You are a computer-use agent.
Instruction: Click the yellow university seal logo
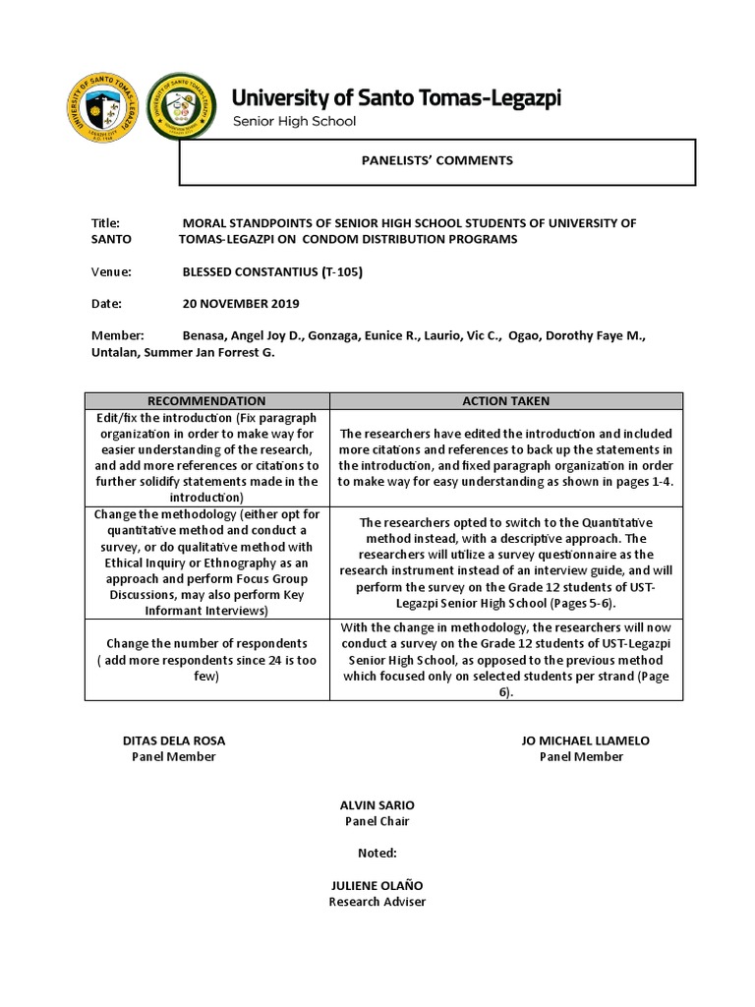click(103, 108)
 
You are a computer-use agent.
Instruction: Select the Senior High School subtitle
click(294, 122)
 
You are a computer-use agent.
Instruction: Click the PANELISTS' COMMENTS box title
click(436, 160)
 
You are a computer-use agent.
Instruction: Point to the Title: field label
click(105, 223)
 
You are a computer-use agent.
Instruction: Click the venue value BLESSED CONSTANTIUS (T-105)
click(272, 271)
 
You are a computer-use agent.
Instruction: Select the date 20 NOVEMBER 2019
click(241, 304)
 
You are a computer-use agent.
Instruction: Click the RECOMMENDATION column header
click(206, 401)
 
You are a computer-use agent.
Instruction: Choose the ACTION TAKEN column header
click(506, 401)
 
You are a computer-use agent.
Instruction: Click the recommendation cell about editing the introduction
click(206, 457)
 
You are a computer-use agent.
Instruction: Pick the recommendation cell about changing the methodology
click(206, 563)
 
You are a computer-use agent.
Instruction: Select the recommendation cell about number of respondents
click(206, 660)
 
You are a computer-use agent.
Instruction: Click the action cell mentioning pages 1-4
click(506, 457)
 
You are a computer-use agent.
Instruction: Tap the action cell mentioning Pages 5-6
click(506, 563)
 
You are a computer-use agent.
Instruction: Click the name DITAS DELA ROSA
click(174, 740)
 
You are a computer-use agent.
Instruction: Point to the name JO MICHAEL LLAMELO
click(585, 740)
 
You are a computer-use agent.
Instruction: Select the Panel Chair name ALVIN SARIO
click(377, 805)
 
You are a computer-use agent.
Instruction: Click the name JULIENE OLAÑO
click(377, 886)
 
